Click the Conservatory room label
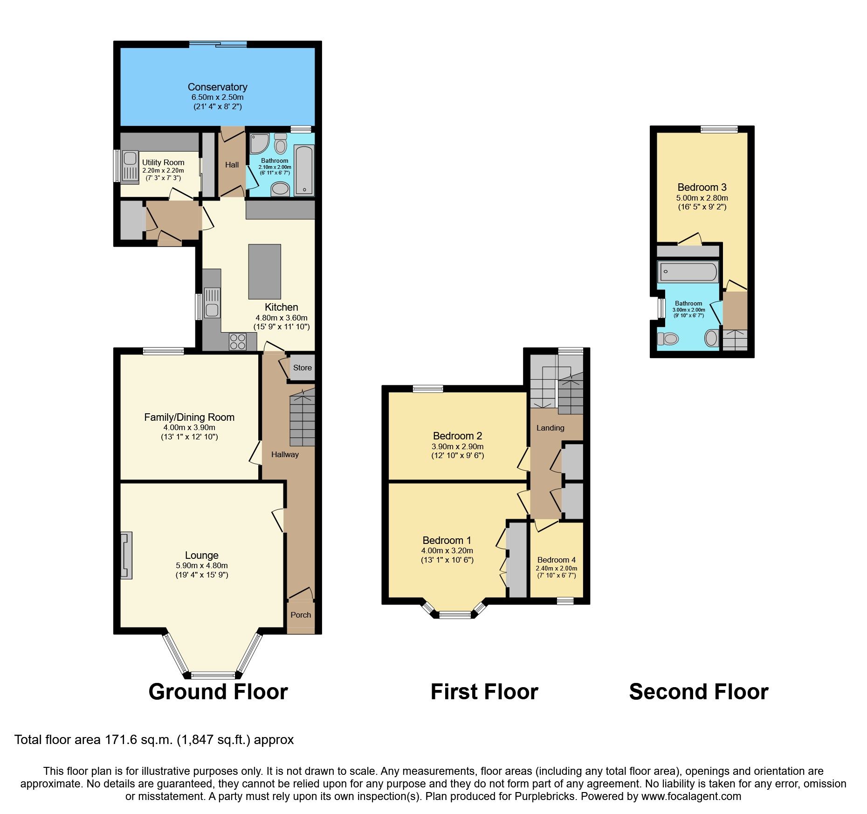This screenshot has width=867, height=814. click(217, 87)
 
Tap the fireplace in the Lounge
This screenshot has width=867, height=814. click(126, 556)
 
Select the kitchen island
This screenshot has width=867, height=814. click(265, 271)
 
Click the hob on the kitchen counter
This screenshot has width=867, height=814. click(237, 341)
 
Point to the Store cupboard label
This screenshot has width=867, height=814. click(302, 368)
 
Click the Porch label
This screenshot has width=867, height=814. click(301, 615)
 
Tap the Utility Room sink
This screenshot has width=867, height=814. click(130, 166)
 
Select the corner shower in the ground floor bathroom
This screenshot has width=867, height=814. click(259, 144)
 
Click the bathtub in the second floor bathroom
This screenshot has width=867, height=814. click(688, 272)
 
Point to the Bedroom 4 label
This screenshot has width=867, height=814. click(556, 560)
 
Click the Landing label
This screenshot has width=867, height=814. click(550, 428)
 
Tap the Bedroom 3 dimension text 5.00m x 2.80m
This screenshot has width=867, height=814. click(702, 198)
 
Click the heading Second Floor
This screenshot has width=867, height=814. click(698, 692)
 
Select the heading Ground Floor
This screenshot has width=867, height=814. click(218, 692)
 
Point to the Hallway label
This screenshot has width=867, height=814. click(285, 454)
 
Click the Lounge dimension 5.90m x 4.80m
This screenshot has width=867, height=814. click(201, 565)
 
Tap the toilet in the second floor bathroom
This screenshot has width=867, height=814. click(669, 338)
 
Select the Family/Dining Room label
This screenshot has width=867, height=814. click(189, 417)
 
